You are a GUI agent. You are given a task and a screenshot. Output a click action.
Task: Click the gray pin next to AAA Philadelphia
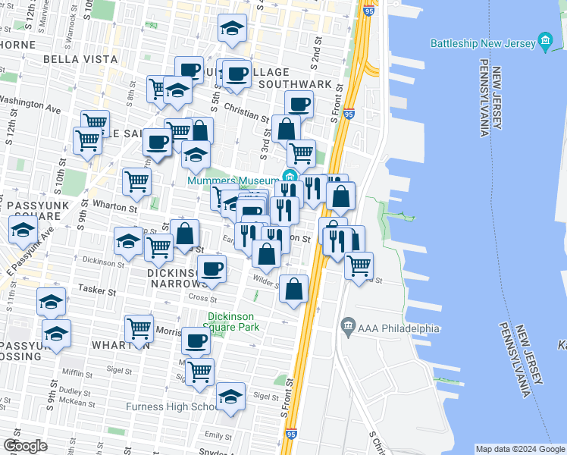348,327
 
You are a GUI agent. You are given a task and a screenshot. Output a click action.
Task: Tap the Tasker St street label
100,290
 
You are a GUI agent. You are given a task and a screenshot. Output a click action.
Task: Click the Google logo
25,446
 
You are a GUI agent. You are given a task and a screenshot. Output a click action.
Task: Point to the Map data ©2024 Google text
520,449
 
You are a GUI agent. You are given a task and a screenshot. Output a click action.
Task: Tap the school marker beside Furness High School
231,395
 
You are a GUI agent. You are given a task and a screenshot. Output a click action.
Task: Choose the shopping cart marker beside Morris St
139,328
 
